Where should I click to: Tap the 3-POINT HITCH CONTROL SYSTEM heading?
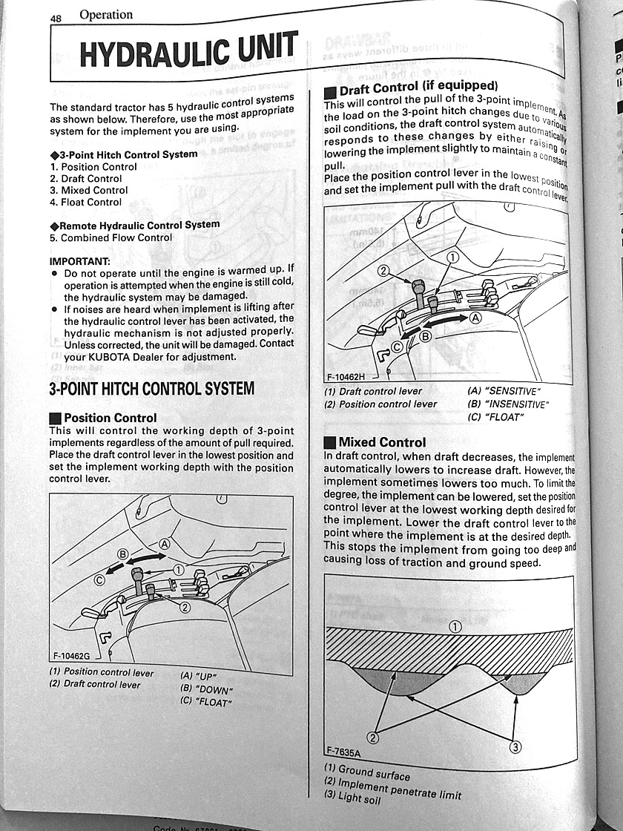[151, 388]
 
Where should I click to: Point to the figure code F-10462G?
[71, 655]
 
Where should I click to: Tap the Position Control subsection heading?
[110, 418]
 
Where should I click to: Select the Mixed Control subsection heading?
[382, 442]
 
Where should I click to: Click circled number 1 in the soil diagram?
[455, 626]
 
